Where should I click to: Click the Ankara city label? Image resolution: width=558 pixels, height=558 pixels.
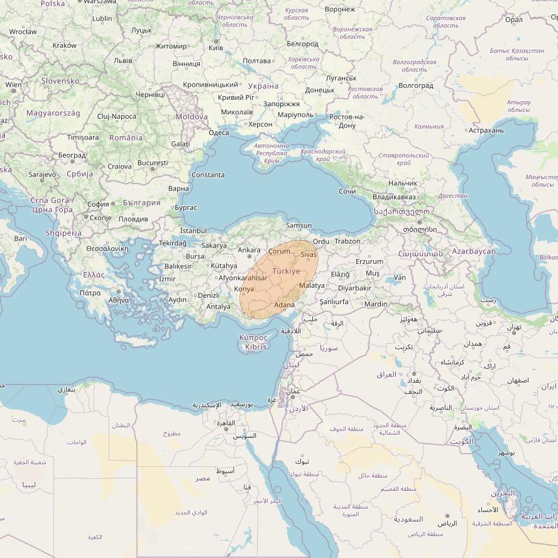(249, 250)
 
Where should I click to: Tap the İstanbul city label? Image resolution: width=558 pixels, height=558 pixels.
(193, 231)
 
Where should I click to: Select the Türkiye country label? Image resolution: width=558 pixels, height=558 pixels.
(286, 271)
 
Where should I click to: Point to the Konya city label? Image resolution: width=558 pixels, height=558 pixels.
(244, 289)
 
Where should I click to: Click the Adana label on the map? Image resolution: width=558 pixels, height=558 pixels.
(284, 305)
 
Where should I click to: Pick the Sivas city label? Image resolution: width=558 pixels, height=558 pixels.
(309, 254)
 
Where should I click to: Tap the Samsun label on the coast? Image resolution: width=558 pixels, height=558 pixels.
(298, 226)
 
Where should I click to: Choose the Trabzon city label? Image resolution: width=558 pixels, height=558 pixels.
(347, 241)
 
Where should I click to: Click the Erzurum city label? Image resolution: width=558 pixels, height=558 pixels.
(369, 261)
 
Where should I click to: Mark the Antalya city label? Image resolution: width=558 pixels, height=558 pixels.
(219, 307)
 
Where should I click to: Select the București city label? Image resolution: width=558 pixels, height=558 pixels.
(153, 163)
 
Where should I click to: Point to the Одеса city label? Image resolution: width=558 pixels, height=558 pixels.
(219, 133)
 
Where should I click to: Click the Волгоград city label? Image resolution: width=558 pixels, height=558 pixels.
(416, 85)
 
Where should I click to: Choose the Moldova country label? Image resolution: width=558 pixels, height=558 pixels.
(192, 117)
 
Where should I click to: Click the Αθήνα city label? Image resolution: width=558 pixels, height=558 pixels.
(119, 300)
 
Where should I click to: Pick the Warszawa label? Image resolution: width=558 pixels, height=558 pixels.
(100, 2)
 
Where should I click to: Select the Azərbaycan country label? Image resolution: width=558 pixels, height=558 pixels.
(474, 251)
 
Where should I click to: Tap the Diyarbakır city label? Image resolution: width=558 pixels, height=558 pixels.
(354, 288)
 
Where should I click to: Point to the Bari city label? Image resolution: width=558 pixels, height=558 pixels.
(21, 239)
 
